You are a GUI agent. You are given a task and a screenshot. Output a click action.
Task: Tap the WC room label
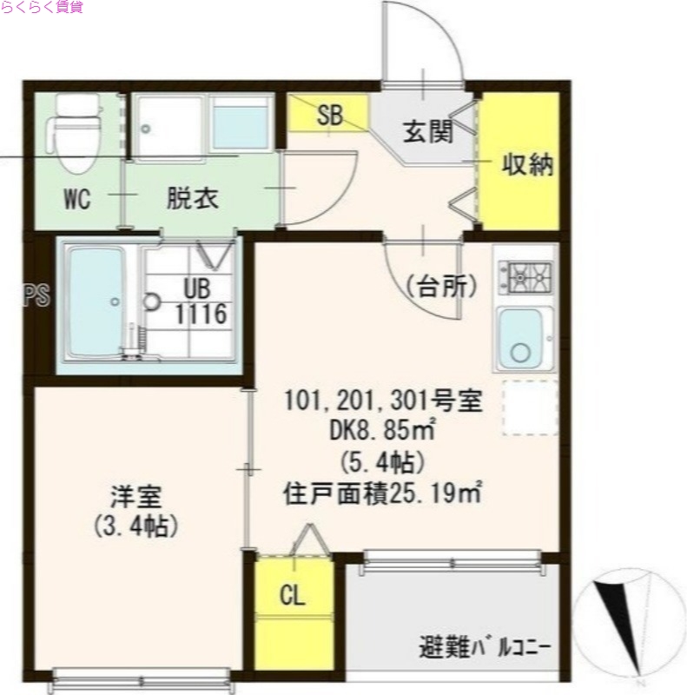pyautogui.click(x=77, y=199)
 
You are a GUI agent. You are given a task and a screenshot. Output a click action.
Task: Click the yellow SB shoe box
pyautogui.click(x=329, y=116)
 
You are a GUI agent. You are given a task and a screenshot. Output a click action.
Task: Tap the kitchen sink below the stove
pyautogui.click(x=521, y=339)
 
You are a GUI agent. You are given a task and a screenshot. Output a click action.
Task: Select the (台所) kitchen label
pyautogui.click(x=439, y=288)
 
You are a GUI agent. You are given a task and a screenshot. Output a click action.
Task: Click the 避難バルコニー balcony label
pyautogui.click(x=486, y=647)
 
